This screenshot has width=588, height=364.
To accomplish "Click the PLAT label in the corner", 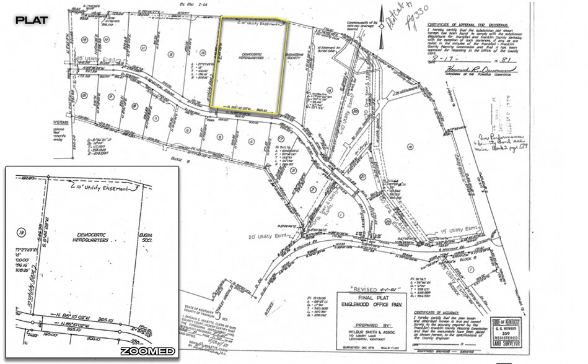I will click(x=31, y=20).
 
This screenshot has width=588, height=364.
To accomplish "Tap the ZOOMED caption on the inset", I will click(x=147, y=351).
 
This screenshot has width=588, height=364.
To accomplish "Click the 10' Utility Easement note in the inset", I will click(x=102, y=186).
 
